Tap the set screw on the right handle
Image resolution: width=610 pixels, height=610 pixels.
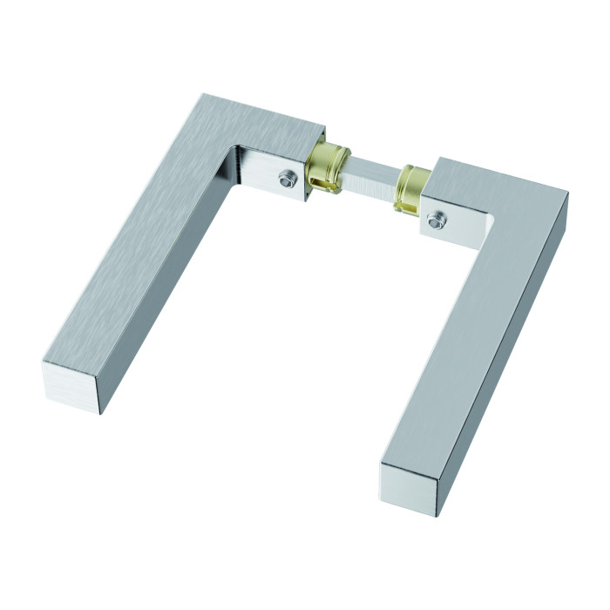(x=437, y=221)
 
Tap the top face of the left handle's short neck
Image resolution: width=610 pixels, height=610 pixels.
(x=270, y=131)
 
